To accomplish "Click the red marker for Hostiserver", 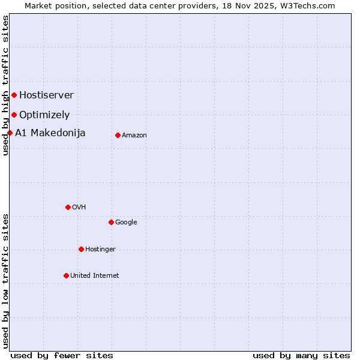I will (x=14, y=95).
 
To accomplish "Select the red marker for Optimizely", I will (x=14, y=115).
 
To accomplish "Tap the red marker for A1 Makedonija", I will (x=10, y=133).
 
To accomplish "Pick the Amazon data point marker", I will (x=118, y=135).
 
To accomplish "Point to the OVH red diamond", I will (x=68, y=207).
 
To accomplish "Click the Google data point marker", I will (x=111, y=222).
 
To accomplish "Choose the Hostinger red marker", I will (x=81, y=249).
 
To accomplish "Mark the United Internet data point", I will (x=66, y=275).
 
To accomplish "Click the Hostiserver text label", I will (x=46, y=95).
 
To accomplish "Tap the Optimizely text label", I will (x=44, y=115).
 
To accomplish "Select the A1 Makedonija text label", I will (x=50, y=133).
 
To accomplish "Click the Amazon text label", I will (x=134, y=135).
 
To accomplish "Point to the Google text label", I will (x=126, y=222).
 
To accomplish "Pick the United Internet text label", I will (x=95, y=275).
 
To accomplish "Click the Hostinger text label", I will (x=100, y=249).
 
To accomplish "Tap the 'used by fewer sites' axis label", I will (x=62, y=355).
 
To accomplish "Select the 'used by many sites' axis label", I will (x=301, y=355).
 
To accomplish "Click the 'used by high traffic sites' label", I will (x=5, y=85).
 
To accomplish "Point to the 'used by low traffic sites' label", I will (x=5, y=280).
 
